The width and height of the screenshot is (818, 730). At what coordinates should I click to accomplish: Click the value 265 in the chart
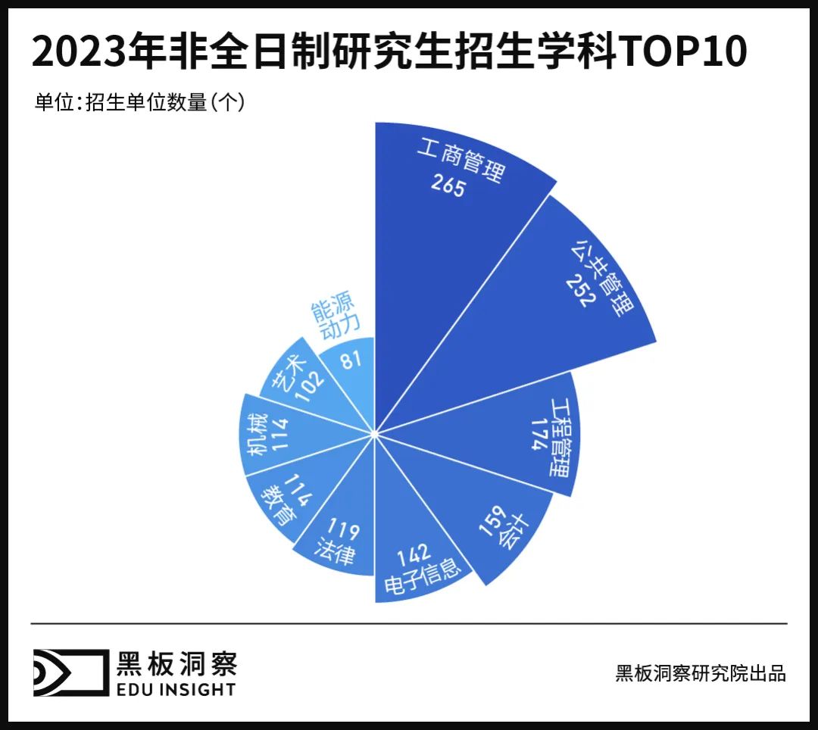(x=448, y=186)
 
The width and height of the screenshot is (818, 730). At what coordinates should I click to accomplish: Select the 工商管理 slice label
(x=460, y=159)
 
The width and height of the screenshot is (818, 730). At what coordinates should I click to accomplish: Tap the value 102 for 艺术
(x=304, y=381)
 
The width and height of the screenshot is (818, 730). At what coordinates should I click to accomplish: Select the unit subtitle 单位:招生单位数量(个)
(x=139, y=101)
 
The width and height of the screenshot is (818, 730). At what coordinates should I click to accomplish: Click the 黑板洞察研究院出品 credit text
(x=701, y=673)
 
